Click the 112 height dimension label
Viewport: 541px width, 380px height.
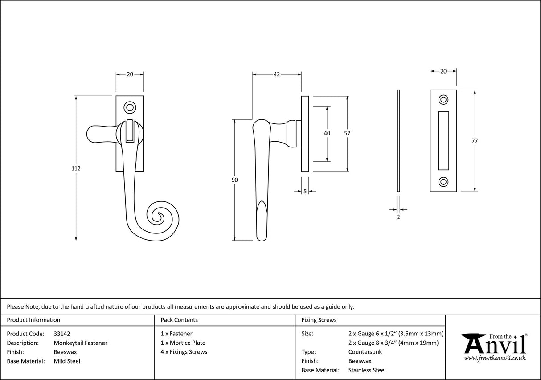pyautogui.click(x=76, y=168)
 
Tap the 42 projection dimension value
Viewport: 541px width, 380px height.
pyautogui.click(x=276, y=74)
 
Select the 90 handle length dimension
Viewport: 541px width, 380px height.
pyautogui.click(x=234, y=180)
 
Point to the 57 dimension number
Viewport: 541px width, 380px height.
pyautogui.click(x=347, y=133)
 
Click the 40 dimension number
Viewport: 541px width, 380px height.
pyautogui.click(x=327, y=133)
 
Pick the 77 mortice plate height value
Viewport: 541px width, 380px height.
pyautogui.click(x=475, y=141)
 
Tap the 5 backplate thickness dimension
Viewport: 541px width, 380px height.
pyautogui.click(x=305, y=192)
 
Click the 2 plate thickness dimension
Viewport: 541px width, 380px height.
pyautogui.click(x=398, y=217)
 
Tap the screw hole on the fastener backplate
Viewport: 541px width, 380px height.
pyautogui.click(x=130, y=107)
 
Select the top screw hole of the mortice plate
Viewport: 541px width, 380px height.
pyautogui.click(x=443, y=100)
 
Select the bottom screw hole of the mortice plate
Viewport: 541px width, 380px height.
pyautogui.click(x=443, y=181)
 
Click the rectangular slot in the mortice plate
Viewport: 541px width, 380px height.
pyautogui.click(x=443, y=140)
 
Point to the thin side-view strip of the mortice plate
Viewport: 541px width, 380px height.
pyautogui.click(x=398, y=140)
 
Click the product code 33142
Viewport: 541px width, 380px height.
pyautogui.click(x=61, y=333)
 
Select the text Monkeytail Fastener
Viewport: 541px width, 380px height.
pyautogui.click(x=80, y=343)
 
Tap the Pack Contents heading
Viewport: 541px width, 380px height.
pyautogui.click(x=179, y=320)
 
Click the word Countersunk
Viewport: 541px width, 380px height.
pyautogui.click(x=365, y=352)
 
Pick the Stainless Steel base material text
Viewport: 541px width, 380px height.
pyautogui.click(x=367, y=370)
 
